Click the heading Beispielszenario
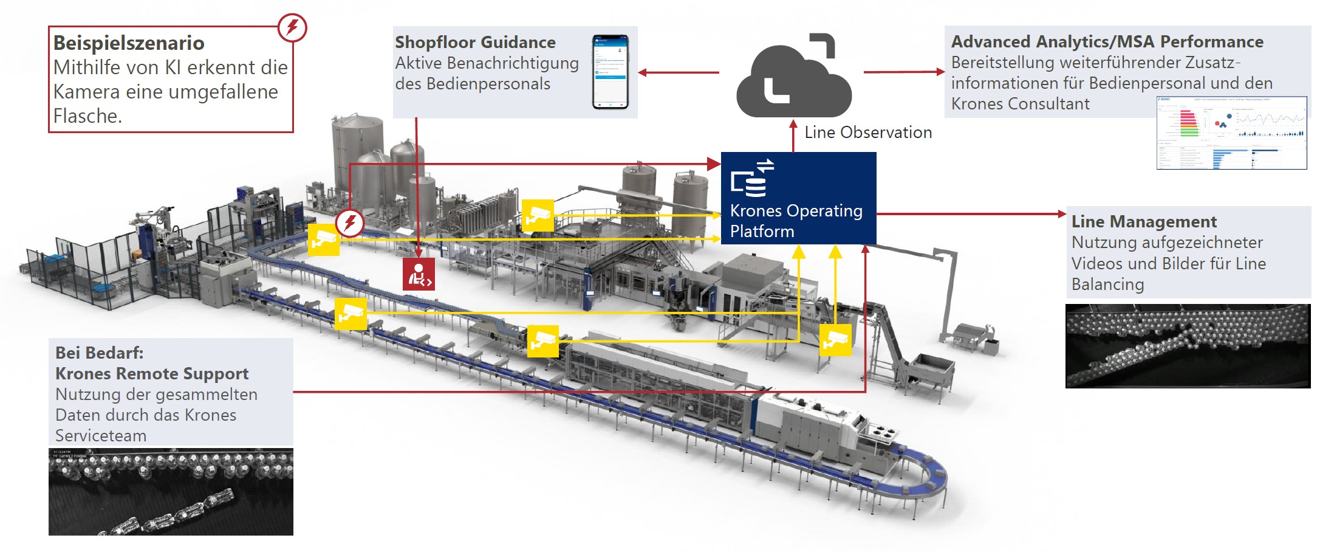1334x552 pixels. [129, 43]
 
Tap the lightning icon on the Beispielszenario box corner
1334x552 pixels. [292, 27]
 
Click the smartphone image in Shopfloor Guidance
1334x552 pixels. [611, 72]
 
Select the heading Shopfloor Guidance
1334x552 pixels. [475, 43]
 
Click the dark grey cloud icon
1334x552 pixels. [793, 79]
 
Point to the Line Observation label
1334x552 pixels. [868, 133]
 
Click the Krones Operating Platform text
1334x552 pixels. [796, 221]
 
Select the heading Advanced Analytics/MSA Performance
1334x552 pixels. [1107, 42]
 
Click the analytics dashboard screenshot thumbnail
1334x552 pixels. [1231, 133]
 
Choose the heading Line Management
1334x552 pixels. [1144, 222]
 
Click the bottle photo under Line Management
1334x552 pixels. [1188, 346]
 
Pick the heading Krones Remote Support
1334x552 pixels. [152, 374]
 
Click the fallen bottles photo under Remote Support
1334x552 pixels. [171, 492]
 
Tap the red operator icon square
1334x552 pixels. [419, 274]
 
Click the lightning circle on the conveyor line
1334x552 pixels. [350, 223]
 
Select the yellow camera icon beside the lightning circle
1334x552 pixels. [323, 240]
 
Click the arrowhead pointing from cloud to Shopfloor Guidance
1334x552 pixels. [643, 72]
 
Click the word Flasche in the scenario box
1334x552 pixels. [87, 116]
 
